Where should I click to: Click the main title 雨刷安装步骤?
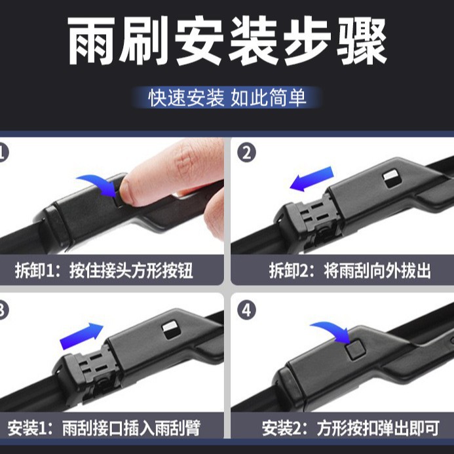tap(227, 41)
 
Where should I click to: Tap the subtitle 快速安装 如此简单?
tap(227, 98)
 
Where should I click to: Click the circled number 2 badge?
tap(246, 153)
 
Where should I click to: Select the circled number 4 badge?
tap(246, 310)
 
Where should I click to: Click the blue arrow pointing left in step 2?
tap(312, 179)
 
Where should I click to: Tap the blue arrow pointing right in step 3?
tap(82, 336)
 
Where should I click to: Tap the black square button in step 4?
tap(355, 350)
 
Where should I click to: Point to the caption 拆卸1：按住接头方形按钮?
tap(104, 271)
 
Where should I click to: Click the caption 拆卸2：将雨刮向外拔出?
tap(350, 271)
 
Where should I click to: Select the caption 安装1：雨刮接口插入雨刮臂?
tap(104, 428)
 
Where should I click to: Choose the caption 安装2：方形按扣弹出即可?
tap(350, 428)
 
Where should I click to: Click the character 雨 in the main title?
tap(92, 41)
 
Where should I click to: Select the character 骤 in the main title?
tap(362, 41)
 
